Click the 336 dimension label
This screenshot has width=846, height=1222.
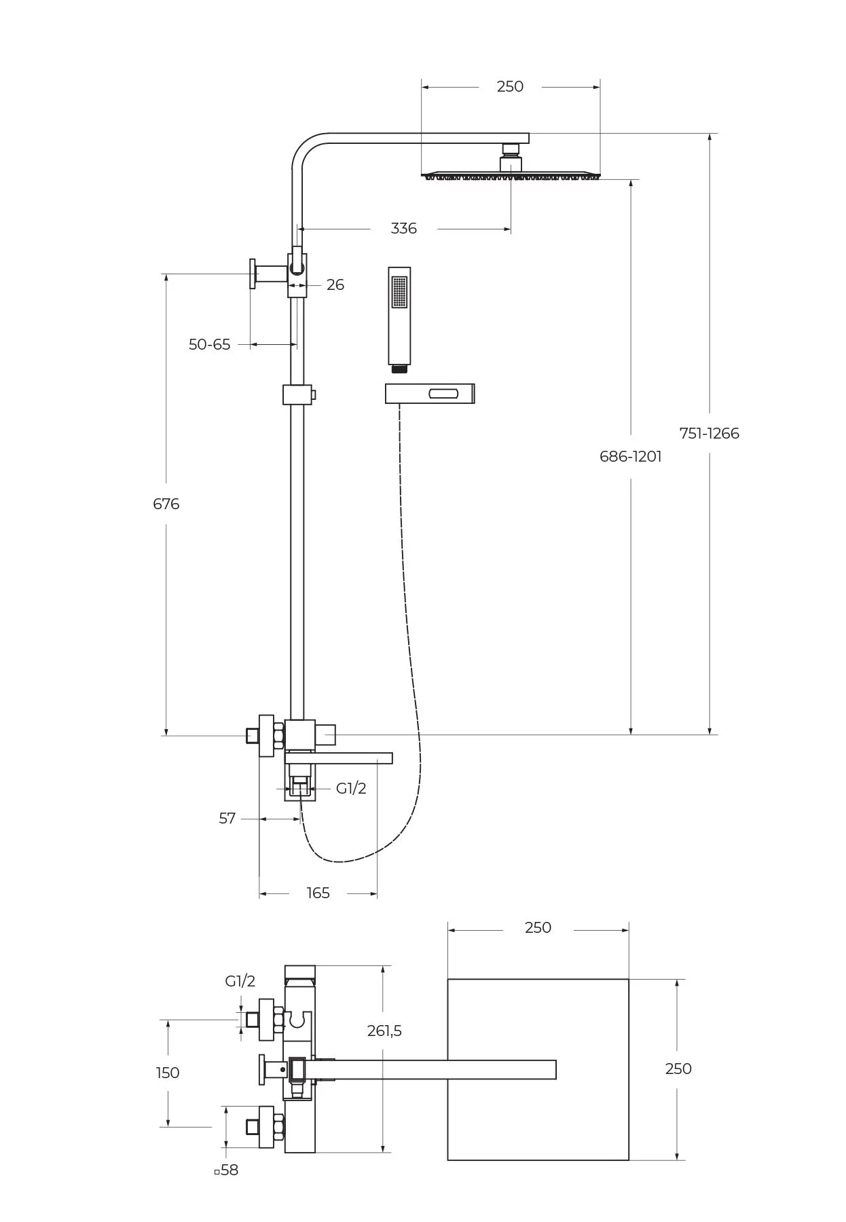pos(403,229)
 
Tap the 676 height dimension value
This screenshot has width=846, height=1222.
pos(166,504)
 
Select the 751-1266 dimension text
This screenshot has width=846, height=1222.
pos(709,433)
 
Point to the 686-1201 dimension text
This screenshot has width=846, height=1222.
pos(630,456)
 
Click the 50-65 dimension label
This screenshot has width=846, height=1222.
pos(209,345)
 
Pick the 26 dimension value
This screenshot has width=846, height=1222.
pos(335,285)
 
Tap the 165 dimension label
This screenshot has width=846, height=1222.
pos(318,893)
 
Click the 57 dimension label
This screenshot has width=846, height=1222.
pos(227,819)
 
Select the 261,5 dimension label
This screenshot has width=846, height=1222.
pos(384,1031)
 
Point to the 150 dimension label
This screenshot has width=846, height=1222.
pos(168,1073)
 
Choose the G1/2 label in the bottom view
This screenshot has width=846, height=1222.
pos(240,981)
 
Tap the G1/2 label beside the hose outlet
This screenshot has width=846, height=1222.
pos(351,788)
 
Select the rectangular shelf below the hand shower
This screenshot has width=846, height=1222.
pos(429,393)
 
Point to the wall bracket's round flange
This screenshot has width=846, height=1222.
pos(253,274)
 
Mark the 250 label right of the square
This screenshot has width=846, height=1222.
pos(678,1069)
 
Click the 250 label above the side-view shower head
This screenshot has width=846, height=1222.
pos(510,86)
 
